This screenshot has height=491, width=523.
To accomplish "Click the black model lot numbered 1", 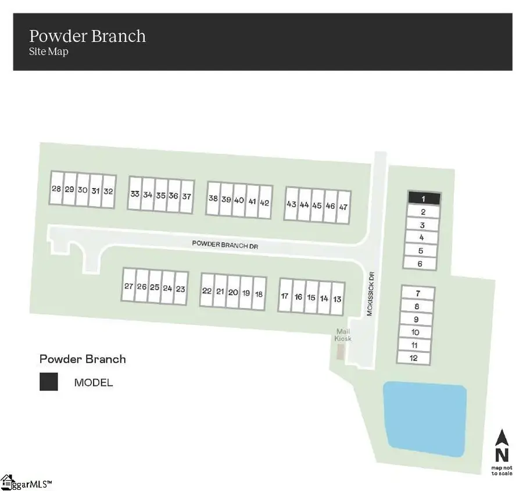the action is pos(424,198).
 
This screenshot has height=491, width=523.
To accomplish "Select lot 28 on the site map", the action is pos(56,188).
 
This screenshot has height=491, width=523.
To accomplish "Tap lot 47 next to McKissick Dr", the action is pos(343,207).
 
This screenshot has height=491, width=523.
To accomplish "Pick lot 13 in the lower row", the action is pos(337,299).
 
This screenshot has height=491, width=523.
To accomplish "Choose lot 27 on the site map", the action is pos(129,285).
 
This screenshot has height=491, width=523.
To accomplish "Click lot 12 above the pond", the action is pos(414,358).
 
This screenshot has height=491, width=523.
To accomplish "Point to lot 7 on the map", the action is pos(418,293).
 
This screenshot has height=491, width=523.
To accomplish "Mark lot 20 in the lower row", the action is pos(233,292).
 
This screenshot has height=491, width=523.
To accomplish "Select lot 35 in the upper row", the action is pos(161,195).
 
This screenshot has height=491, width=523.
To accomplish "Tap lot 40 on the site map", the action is pos(239,200).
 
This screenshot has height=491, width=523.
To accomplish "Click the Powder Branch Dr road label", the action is pos(225,244).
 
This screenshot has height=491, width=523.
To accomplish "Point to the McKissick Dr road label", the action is pos(370,294).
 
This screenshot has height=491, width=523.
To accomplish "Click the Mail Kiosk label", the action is pos(343,335).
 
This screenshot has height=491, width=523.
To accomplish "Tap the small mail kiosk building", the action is pos(340,352).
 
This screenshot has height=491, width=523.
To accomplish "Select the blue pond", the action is pos(425,419).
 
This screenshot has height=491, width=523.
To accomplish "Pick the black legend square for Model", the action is pos(49,381).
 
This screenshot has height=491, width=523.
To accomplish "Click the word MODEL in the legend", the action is pos(94,382).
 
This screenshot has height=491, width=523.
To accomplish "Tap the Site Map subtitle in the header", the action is pos(49,51).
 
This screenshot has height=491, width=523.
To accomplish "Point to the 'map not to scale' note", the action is pos(501,471).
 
